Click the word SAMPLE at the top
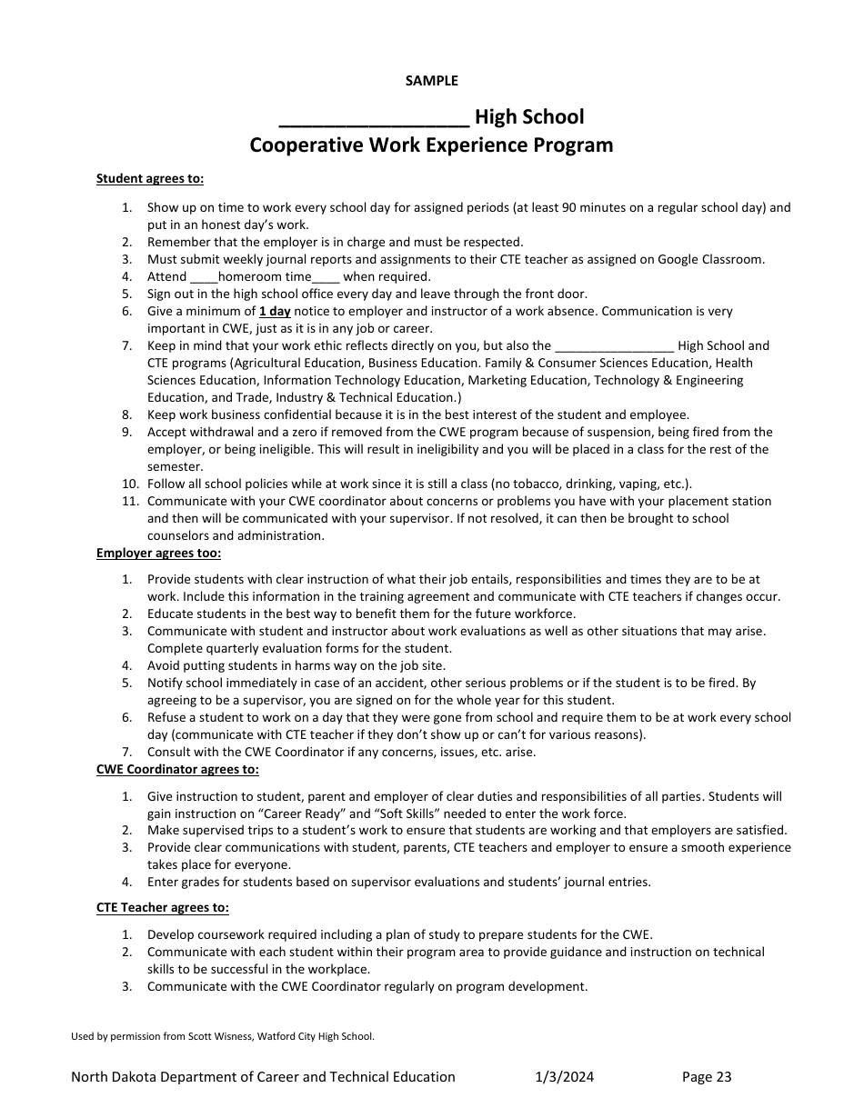[x=431, y=81]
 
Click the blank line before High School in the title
[x=374, y=118]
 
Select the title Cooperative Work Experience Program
[x=431, y=145]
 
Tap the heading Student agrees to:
[x=150, y=179]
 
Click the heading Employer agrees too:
[x=158, y=553]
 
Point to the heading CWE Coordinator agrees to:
[x=177, y=769]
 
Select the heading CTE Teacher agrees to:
[x=163, y=907]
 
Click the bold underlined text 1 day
[x=274, y=311]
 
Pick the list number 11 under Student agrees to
[x=129, y=501]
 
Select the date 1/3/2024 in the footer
[x=564, y=1077]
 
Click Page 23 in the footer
[x=707, y=1077]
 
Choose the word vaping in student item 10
[x=641, y=484]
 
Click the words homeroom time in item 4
[x=258, y=276]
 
